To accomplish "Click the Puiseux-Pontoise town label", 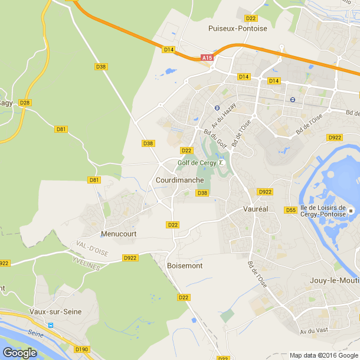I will (x=238, y=28).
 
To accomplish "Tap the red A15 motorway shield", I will (x=207, y=58).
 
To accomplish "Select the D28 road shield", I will (x=24, y=103).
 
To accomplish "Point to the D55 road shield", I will (x=290, y=210).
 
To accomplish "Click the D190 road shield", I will (x=81, y=349).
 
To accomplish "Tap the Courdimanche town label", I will (x=180, y=180).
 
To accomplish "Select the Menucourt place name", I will (x=119, y=234).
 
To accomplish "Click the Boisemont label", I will (x=185, y=266).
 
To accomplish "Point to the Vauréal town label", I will (x=256, y=210).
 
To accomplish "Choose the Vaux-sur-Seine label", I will (x=56, y=312).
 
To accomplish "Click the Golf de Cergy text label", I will (x=197, y=163).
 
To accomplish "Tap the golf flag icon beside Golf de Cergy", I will (x=222, y=163).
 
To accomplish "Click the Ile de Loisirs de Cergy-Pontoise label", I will (x=322, y=211).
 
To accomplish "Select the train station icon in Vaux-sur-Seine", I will (x=51, y=325).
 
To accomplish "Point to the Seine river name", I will (x=36, y=334).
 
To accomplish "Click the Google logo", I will (x=19, y=352).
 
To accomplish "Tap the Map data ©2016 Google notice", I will (x=323, y=355).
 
